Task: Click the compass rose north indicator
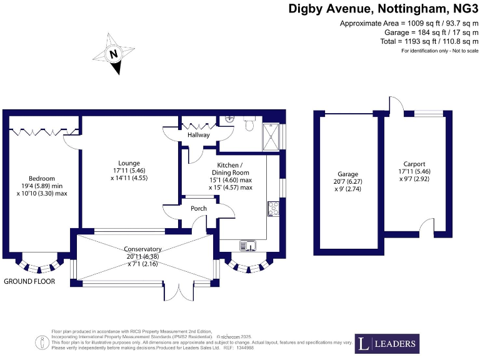point(113,56)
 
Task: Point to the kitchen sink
point(250,245)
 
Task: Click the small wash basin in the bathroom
point(229,117)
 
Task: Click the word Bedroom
point(41,178)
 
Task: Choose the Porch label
point(190,209)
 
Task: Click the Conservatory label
point(143,249)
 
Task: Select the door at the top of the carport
point(395,105)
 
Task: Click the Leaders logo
point(387,343)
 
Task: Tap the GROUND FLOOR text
point(29,281)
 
